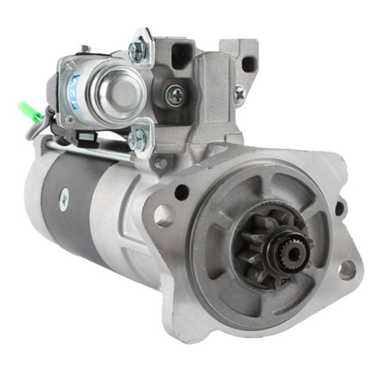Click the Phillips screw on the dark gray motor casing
click(x=64, y=200)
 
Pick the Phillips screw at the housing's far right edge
click(x=239, y=95)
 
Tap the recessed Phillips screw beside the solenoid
click(x=175, y=96)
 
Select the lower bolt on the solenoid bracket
click(x=137, y=139)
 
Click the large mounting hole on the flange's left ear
click(x=164, y=215)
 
